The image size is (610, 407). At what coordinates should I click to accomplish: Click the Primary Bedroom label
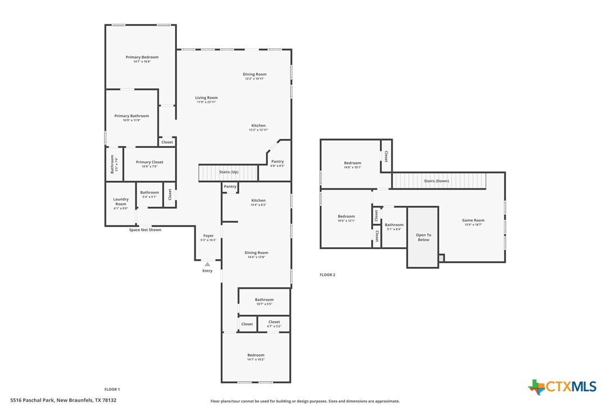[x=142, y=57]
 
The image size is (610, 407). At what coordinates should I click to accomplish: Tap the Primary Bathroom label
[x=131, y=116]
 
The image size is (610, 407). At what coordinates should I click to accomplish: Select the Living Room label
[x=206, y=98]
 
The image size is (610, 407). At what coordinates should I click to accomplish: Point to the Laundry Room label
[x=121, y=201]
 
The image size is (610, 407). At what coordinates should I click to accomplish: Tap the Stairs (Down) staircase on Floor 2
[x=438, y=181]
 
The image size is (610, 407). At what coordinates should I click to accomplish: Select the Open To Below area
[x=423, y=237]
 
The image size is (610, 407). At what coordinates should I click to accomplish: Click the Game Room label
[x=473, y=221]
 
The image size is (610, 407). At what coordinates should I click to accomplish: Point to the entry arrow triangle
[x=207, y=264]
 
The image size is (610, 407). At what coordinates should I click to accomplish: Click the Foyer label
[x=208, y=236]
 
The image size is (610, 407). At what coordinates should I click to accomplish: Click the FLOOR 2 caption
[x=327, y=275]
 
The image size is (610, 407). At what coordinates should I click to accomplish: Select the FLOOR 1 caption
[x=112, y=389]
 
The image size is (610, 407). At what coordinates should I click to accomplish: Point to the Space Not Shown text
[x=145, y=230]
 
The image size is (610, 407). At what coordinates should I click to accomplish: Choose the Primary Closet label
[x=149, y=162]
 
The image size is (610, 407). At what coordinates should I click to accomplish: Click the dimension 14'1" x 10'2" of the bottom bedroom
[x=256, y=359]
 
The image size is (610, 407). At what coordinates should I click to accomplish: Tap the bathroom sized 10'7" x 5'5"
[x=264, y=301]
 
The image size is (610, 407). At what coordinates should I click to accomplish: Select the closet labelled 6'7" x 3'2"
[x=274, y=324]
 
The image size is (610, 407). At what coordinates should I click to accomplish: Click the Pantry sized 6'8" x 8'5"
[x=277, y=163]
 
